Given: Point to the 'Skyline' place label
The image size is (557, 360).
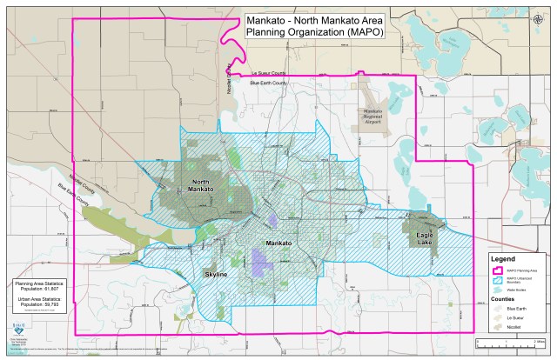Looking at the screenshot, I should click(x=216, y=275).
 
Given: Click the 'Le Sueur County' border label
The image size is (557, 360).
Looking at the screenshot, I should click(x=267, y=73).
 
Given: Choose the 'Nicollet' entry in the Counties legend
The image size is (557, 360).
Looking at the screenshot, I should click(x=515, y=329).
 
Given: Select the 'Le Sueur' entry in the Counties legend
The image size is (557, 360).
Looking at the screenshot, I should click(x=517, y=318).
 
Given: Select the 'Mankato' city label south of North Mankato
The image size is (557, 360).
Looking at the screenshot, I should click(x=278, y=243).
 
